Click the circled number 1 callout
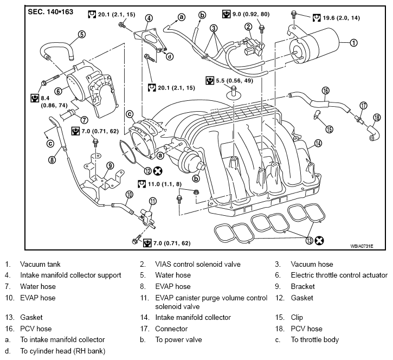pyautogui.click(x=353, y=43)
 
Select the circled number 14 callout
pyautogui.click(x=318, y=143)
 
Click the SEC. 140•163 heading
pyautogui.click(x=50, y=12)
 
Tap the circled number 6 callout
pyautogui.click(x=58, y=91)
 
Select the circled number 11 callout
pyautogui.click(x=153, y=201)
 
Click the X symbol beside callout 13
pyautogui.click(x=319, y=240)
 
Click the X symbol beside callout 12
pyautogui.click(x=158, y=171)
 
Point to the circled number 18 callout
pyautogui.click(x=377, y=117)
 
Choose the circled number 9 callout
pyautogui.click(x=110, y=165)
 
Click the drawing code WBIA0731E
pyautogui.click(x=362, y=246)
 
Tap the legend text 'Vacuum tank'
pyautogui.click(x=40, y=264)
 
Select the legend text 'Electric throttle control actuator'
pyautogui.click(x=339, y=275)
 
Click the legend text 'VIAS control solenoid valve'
pyautogui.click(x=198, y=264)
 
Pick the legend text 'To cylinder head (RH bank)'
pyautogui.click(x=63, y=351)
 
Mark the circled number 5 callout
pyautogui.click(x=82, y=34)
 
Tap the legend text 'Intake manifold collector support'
pyautogui.click(x=70, y=275)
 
